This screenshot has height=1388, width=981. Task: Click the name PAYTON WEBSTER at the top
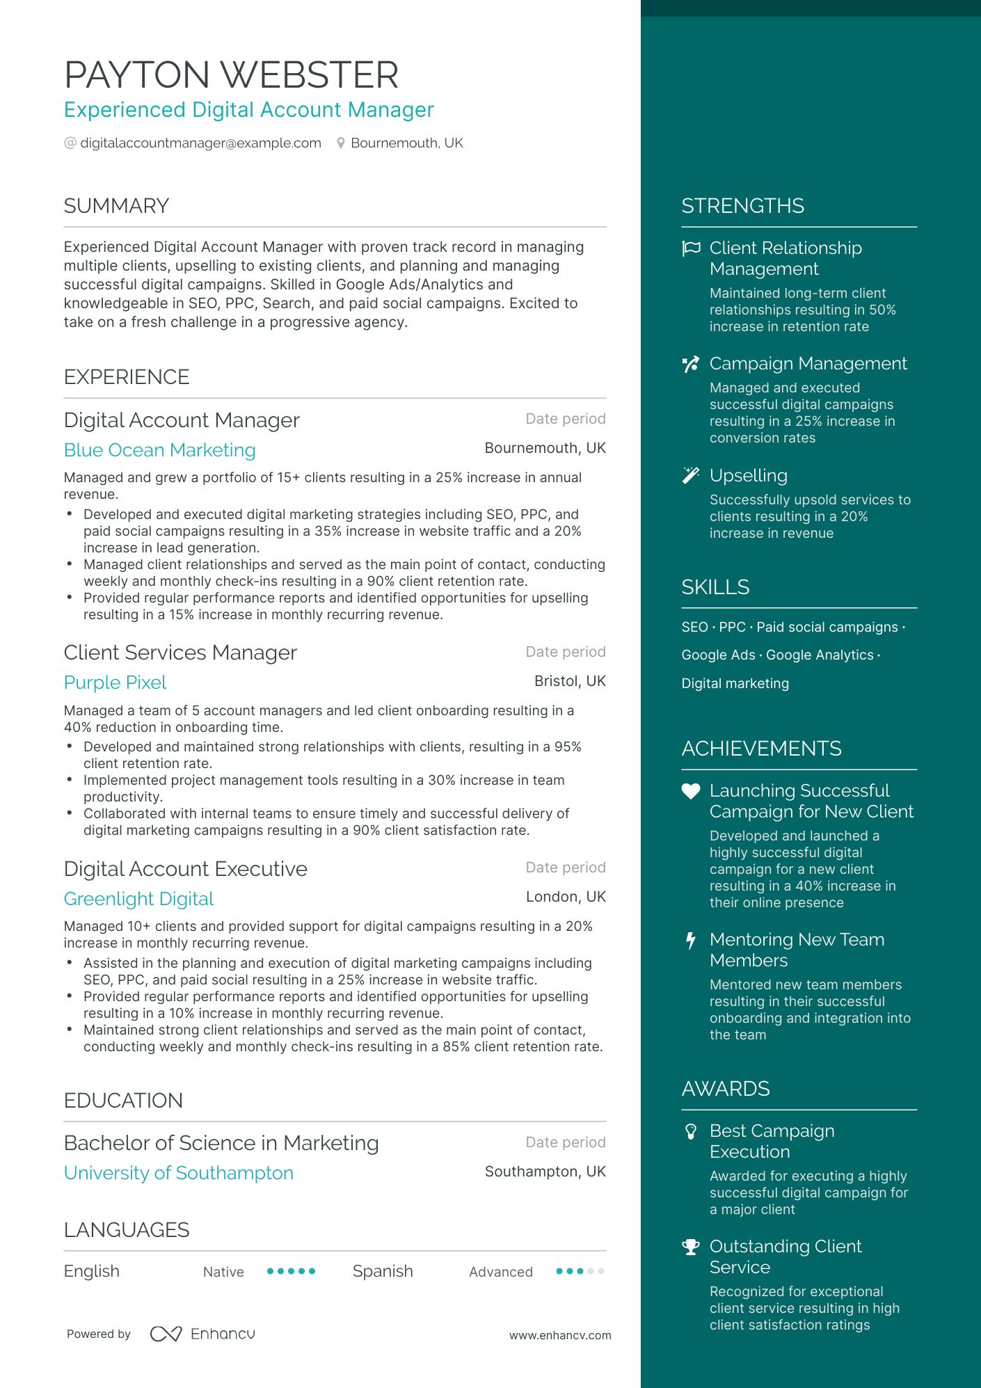coord(231,75)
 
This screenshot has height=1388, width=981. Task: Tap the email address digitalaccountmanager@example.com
coord(200,143)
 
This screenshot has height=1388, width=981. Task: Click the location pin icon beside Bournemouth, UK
coord(341,143)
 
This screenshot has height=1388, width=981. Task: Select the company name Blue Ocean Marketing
coord(159,450)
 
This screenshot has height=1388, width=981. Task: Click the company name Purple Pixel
coord(115,683)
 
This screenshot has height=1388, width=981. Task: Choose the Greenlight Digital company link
coord(138,899)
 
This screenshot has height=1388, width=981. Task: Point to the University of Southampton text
coord(178,1173)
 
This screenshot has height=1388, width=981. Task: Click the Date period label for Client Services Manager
coord(565,652)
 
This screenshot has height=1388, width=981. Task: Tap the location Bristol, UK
coord(569,681)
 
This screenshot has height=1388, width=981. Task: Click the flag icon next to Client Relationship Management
coord(691,248)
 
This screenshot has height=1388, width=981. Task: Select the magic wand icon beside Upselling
coord(690,476)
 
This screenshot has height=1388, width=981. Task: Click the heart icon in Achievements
coord(690,791)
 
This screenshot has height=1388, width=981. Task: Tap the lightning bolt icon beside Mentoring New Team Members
coord(690,941)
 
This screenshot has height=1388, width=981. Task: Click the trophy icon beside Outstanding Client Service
coord(690,1247)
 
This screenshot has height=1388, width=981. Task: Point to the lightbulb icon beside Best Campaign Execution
coord(690,1132)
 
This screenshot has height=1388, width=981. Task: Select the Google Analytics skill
coord(820,655)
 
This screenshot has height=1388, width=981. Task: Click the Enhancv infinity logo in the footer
coord(166,1334)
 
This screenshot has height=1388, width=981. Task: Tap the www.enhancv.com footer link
coord(559,1335)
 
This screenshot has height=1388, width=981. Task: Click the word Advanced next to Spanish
coord(500,1272)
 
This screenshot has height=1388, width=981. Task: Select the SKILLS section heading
coord(715,587)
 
